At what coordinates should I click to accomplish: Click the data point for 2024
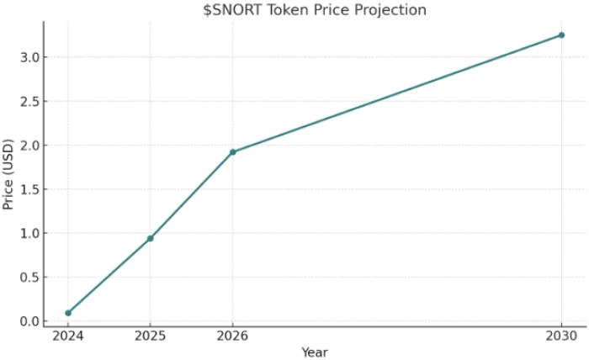pos(68,313)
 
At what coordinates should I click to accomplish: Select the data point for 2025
pos(151,238)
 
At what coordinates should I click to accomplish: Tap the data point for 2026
pos(233,152)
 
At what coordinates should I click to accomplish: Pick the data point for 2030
pos(561,35)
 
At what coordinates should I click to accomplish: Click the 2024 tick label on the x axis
pos(68,336)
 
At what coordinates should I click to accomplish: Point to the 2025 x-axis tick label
pos(151,336)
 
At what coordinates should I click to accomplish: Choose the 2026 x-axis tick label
pos(233,336)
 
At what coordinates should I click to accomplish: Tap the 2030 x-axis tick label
pos(561,336)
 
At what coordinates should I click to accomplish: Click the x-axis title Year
pos(315,352)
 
